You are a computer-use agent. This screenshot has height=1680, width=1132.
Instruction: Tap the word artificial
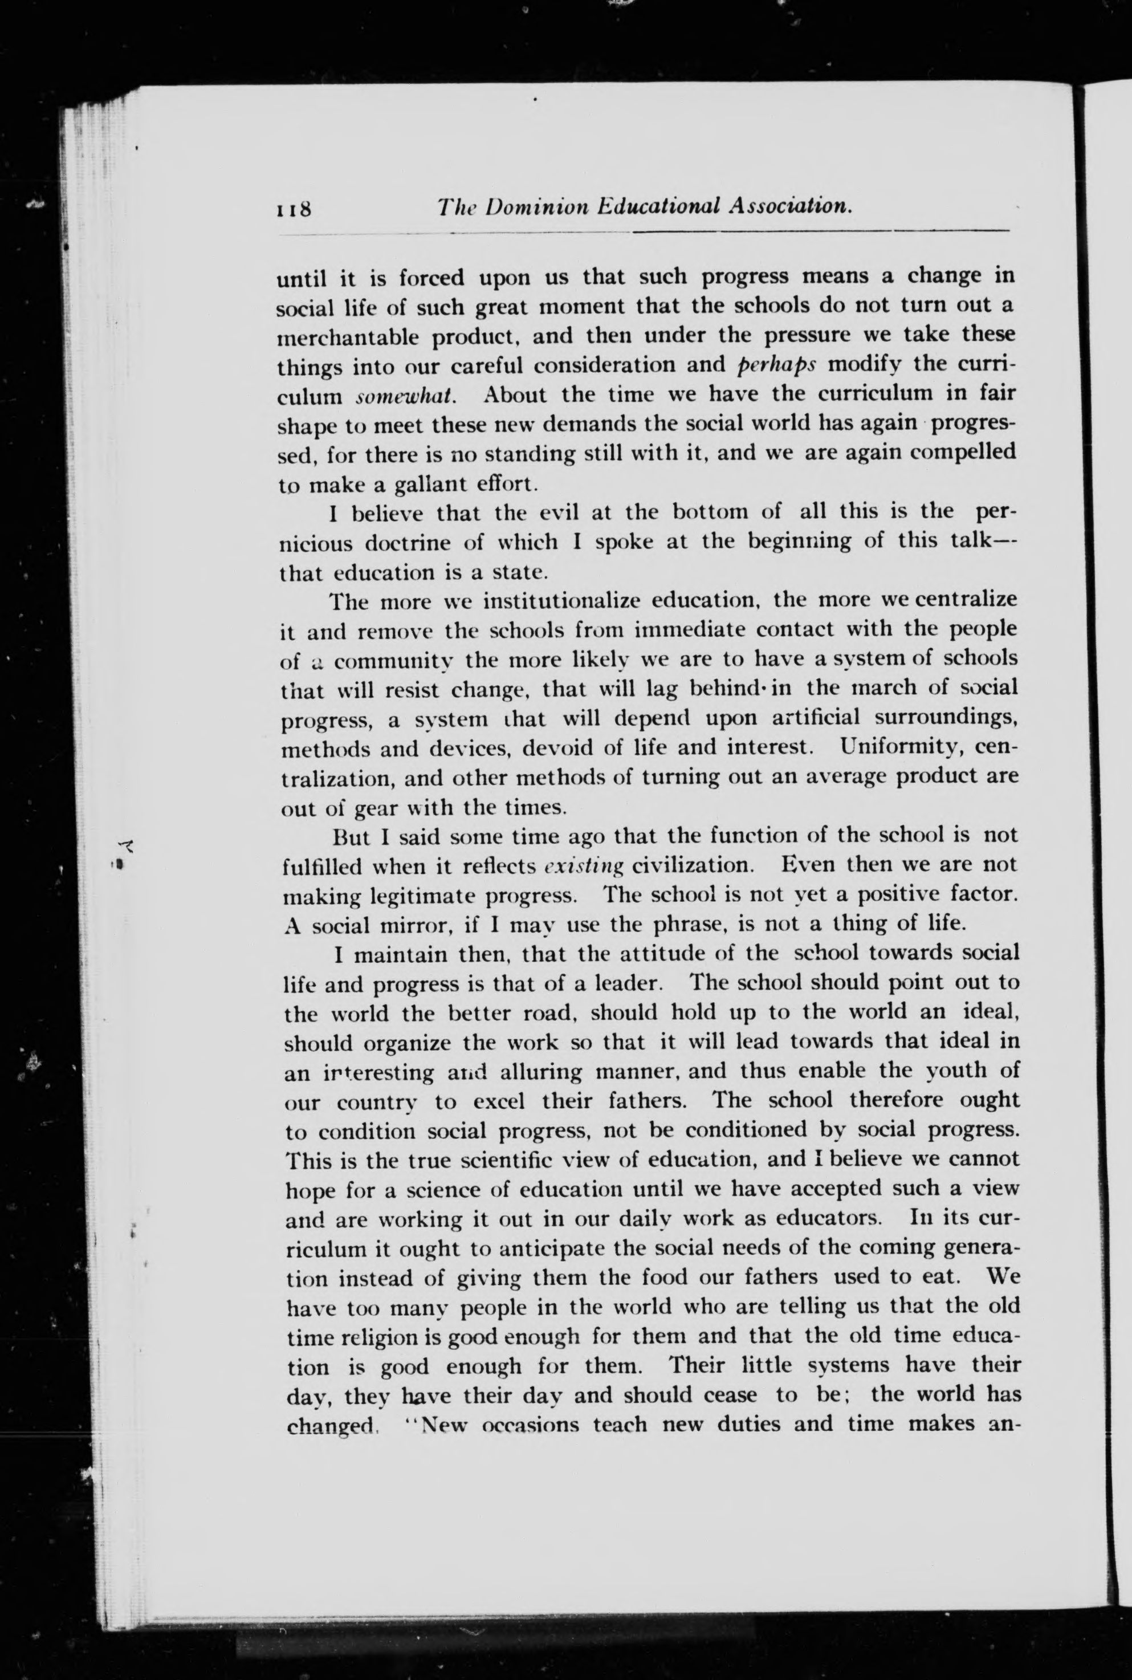817,718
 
